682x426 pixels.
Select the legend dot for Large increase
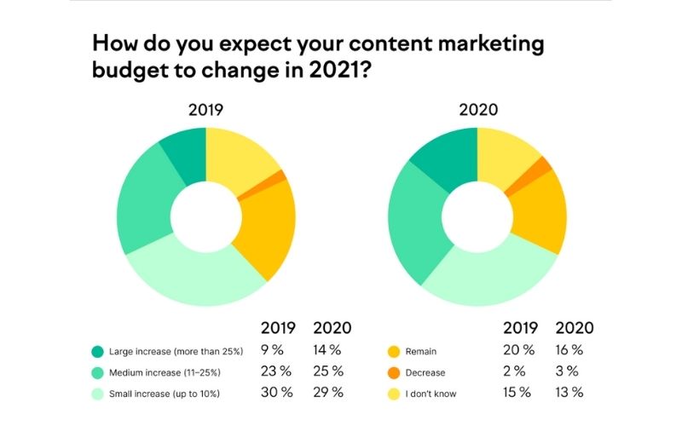pos(98,350)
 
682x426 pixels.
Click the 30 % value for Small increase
pos(275,392)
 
